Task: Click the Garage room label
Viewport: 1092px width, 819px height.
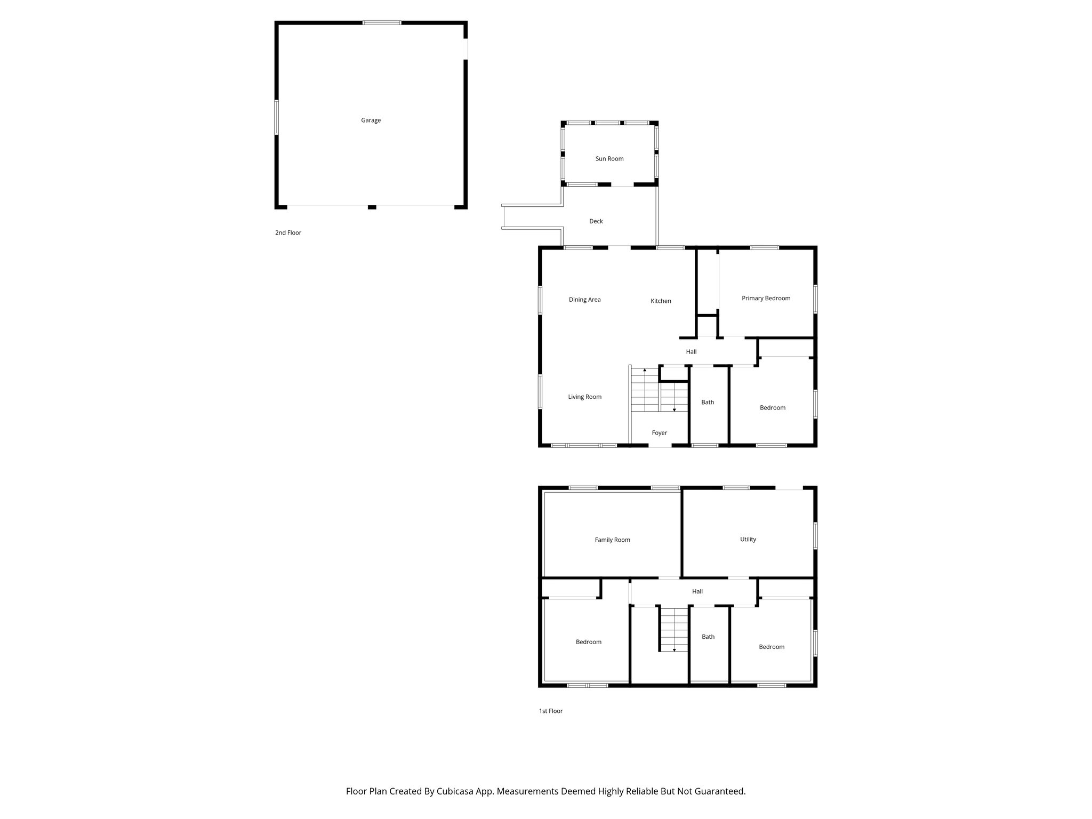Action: (x=371, y=121)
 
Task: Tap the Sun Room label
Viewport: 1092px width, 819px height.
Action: (x=609, y=159)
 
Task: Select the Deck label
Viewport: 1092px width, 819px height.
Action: (x=596, y=221)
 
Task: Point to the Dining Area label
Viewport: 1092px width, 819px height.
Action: (x=584, y=300)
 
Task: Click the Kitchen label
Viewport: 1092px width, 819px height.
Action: (x=661, y=301)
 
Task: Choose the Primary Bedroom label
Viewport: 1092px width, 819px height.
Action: (x=766, y=299)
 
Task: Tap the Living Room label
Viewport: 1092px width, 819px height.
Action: (x=584, y=397)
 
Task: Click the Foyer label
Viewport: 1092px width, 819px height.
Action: (x=659, y=433)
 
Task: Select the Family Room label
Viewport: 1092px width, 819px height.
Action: (x=612, y=540)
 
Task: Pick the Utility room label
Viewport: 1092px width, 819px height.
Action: (x=748, y=540)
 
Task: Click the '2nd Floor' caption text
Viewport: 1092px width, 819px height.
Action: (x=288, y=233)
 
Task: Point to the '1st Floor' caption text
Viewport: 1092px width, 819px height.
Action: (x=550, y=711)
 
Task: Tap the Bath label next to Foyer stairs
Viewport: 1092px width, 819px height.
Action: (x=708, y=403)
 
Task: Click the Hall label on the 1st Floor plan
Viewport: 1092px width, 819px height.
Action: (x=697, y=591)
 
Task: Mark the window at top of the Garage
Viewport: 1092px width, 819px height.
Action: (x=382, y=23)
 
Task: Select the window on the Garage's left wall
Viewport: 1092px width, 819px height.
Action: (x=277, y=117)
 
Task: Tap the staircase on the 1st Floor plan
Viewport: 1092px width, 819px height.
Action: (x=675, y=629)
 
